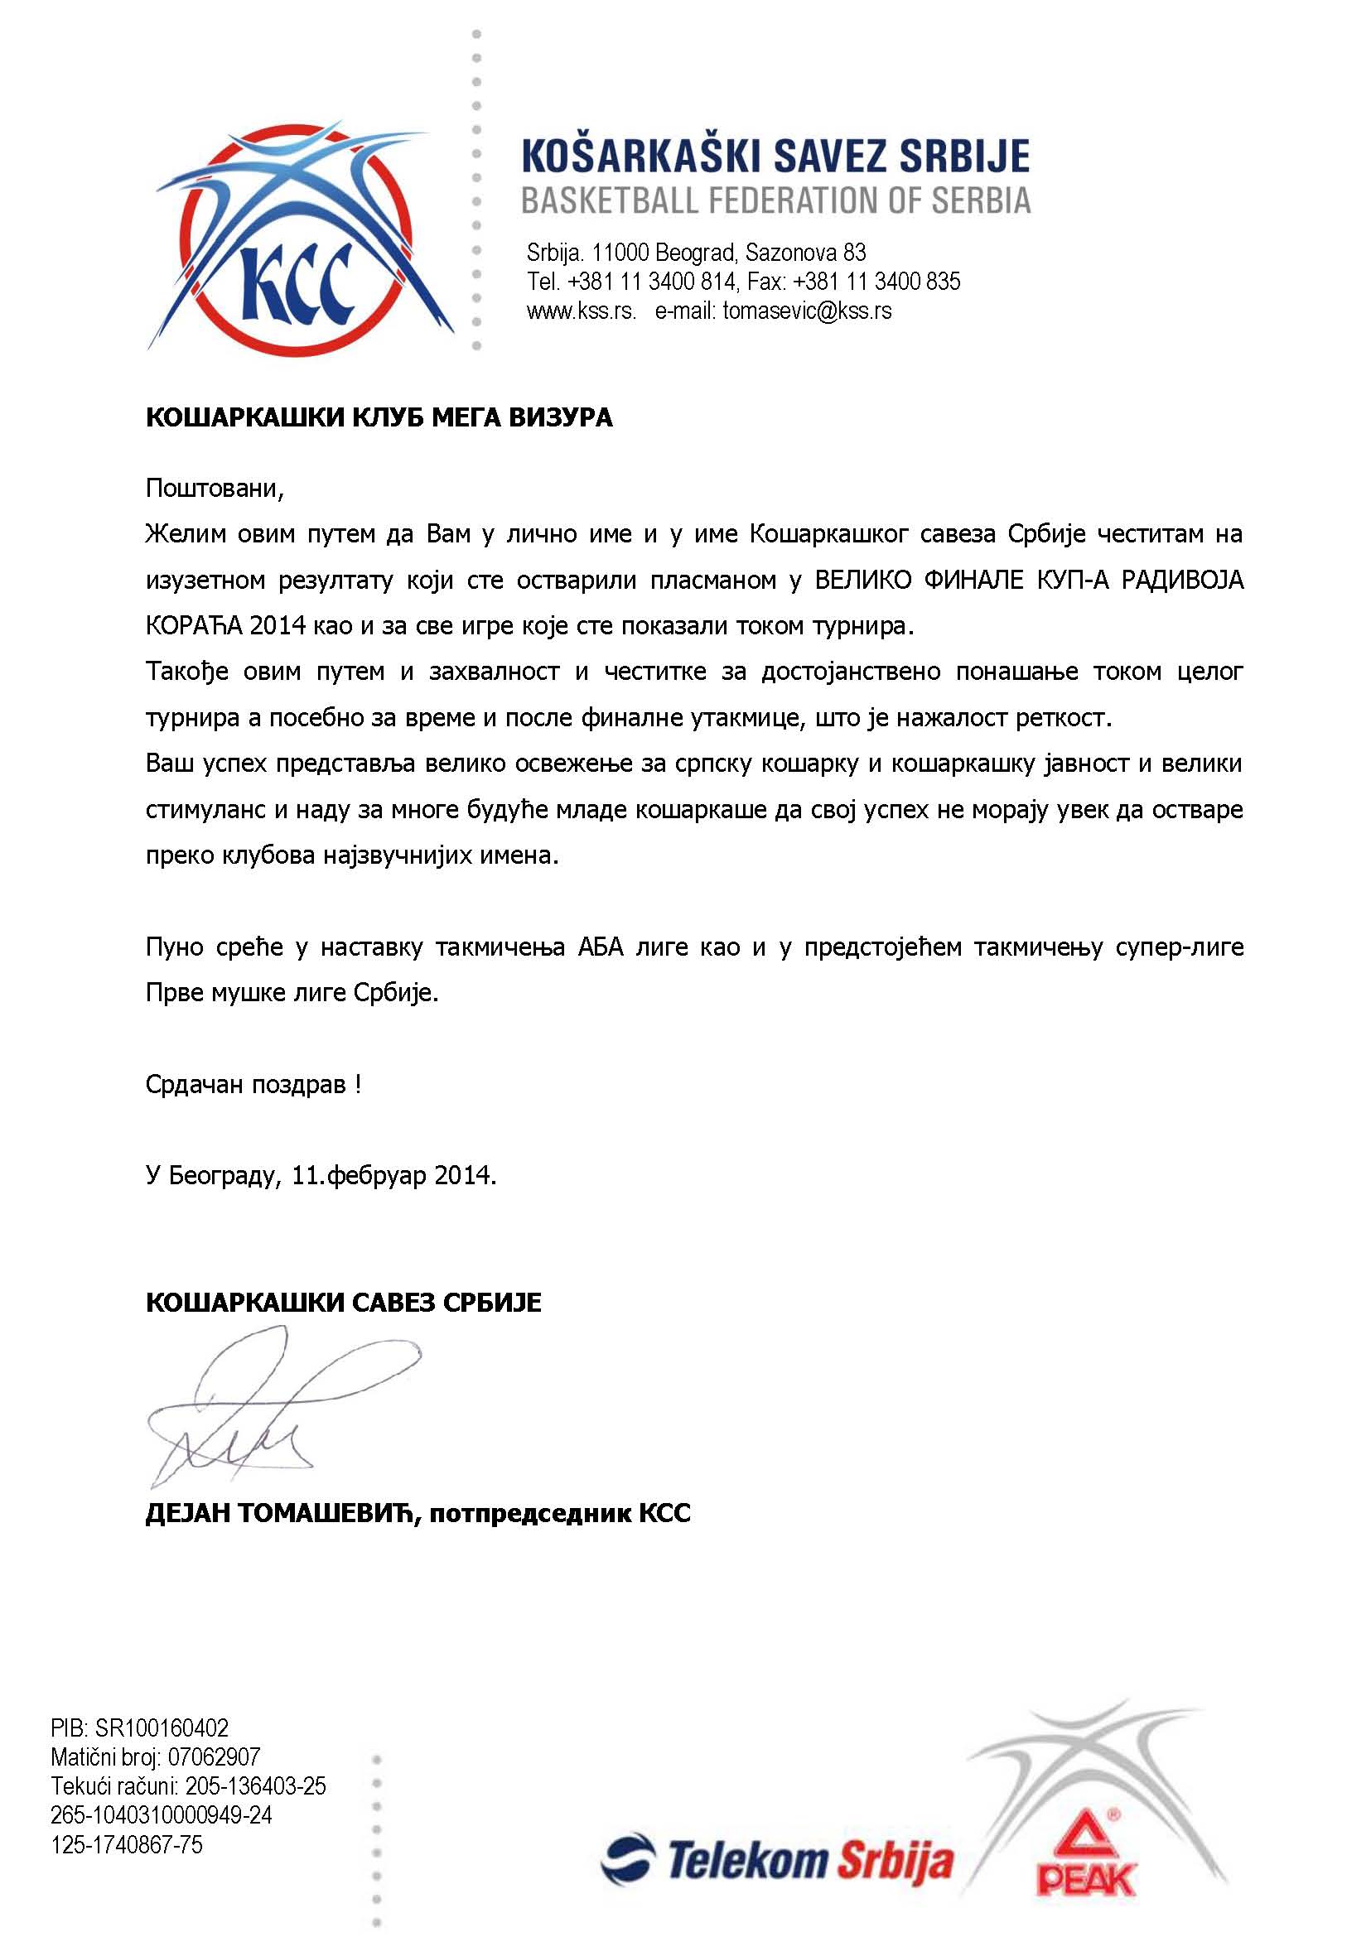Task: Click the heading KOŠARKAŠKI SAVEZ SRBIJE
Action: click(x=776, y=157)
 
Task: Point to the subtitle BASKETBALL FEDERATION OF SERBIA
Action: click(x=776, y=201)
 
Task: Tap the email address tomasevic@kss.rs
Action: click(x=807, y=311)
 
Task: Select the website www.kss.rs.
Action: click(x=581, y=311)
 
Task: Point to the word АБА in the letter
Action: click(x=601, y=947)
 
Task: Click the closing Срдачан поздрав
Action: click(x=253, y=1085)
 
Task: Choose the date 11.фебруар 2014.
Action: click(x=393, y=1176)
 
